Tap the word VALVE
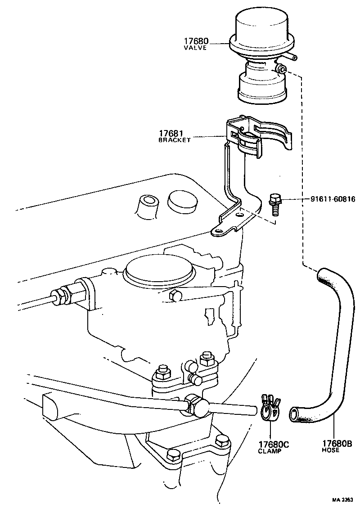click(195, 48)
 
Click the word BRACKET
click(175, 140)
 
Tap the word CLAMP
click(270, 451)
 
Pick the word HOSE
click(331, 450)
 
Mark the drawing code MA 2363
click(343, 500)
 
